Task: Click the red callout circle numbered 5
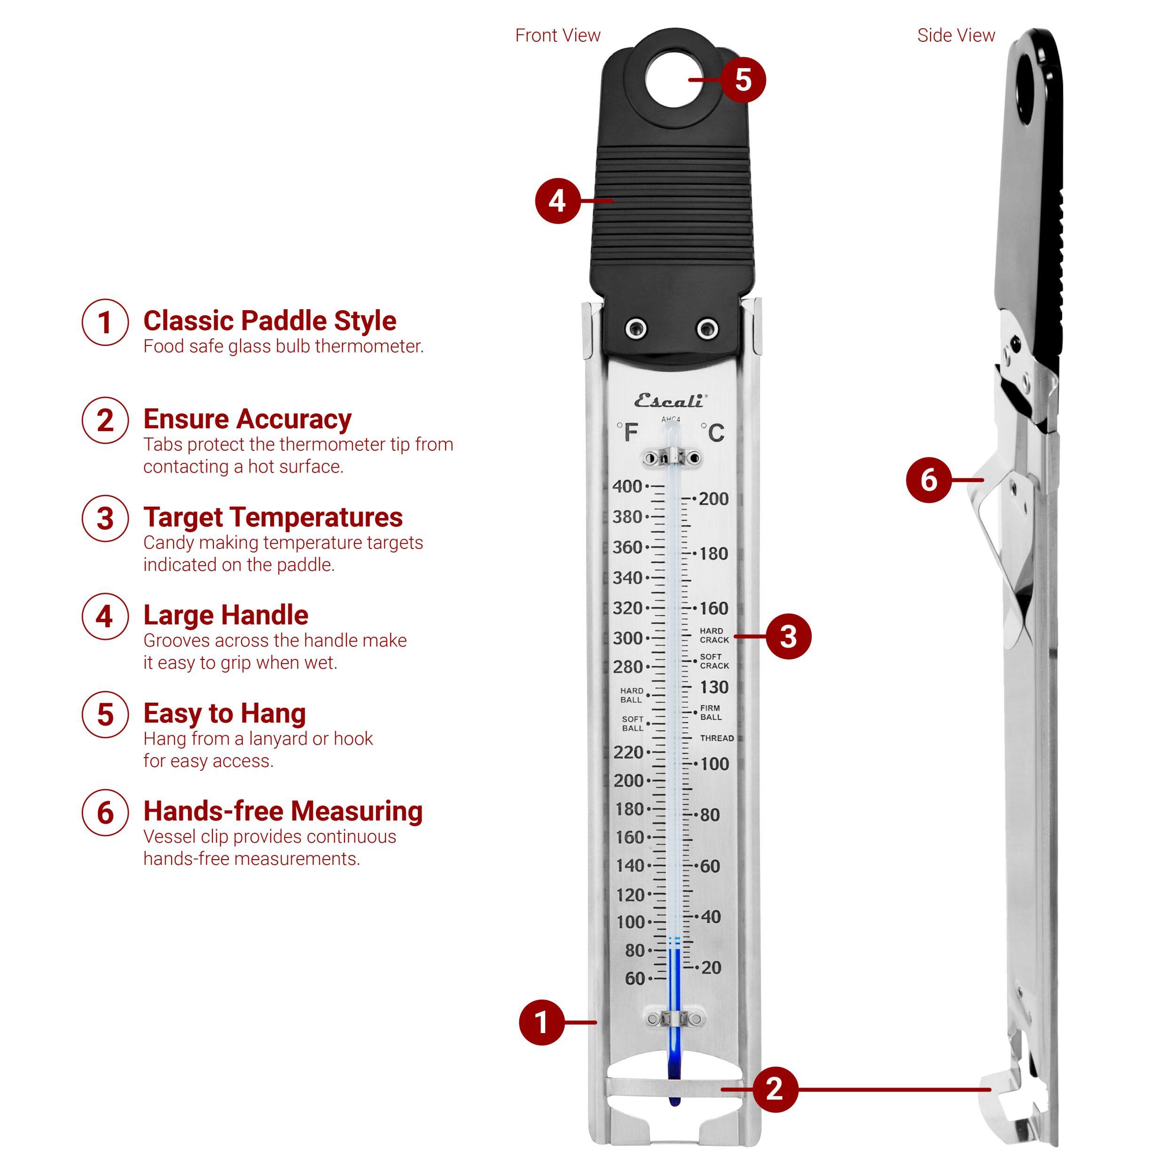(x=743, y=80)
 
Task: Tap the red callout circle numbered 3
(x=788, y=637)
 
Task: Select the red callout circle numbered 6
(x=928, y=480)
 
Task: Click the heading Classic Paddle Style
(x=269, y=321)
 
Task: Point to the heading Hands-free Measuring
(x=283, y=811)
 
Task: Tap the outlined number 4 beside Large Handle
(x=105, y=616)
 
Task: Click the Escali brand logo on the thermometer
(x=670, y=401)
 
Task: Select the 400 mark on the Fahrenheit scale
(x=627, y=486)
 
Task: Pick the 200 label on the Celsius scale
(x=713, y=499)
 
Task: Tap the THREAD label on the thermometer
(x=716, y=738)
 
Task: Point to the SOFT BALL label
(x=633, y=723)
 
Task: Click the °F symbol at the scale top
(x=627, y=432)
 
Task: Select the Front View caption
(x=558, y=35)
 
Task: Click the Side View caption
(x=956, y=35)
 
